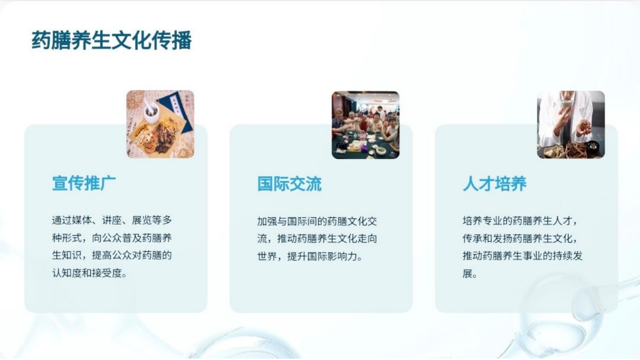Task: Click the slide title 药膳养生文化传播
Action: (112, 40)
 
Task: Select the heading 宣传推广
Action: (84, 183)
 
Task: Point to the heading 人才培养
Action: (495, 184)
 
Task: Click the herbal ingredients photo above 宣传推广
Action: (160, 124)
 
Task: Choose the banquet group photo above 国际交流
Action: (365, 125)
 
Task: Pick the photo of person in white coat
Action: (571, 125)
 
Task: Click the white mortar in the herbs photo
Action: (151, 109)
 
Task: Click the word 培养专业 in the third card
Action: (482, 220)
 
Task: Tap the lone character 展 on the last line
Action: (468, 274)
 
